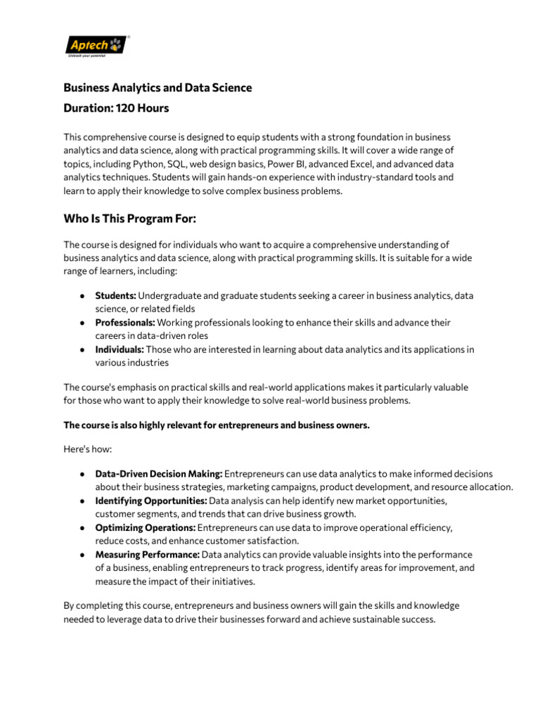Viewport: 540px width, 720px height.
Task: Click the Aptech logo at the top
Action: click(97, 46)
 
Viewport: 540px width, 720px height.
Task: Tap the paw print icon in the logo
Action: click(115, 44)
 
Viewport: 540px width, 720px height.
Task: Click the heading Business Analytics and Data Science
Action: click(157, 88)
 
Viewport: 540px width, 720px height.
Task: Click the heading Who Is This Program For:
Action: click(130, 219)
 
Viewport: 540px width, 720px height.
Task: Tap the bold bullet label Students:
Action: click(115, 296)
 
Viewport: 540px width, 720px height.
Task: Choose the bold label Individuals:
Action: click(120, 349)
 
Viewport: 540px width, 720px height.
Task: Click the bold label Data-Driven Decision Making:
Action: click(159, 474)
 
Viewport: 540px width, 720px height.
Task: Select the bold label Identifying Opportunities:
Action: click(151, 501)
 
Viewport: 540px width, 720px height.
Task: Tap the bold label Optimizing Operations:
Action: click(146, 527)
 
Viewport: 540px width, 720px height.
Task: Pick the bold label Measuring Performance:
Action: click(148, 555)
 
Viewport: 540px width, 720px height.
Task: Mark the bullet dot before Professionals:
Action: click(82, 323)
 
